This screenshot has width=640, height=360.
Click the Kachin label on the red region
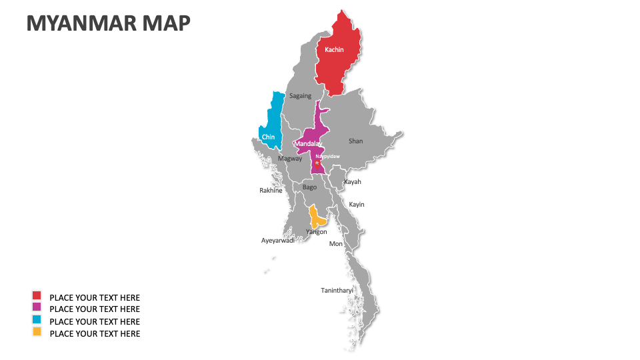[x=334, y=50]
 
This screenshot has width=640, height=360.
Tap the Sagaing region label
[x=300, y=96]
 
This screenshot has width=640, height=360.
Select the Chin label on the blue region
[x=268, y=137]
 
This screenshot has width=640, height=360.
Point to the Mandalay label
[x=308, y=144]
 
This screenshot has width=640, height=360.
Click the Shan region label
[x=355, y=141]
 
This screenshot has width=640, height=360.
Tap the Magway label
[x=290, y=159]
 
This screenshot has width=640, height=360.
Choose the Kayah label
[x=352, y=181]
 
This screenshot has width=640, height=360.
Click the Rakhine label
[x=271, y=191]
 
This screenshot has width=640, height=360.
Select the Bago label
[x=310, y=187]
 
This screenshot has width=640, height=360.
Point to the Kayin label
[x=357, y=205]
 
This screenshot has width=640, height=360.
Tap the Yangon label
[x=316, y=232]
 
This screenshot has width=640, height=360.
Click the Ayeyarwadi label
[x=278, y=241]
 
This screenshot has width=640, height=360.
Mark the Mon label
[x=336, y=244]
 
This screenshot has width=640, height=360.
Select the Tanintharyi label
[x=337, y=290]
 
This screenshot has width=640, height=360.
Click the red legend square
[x=37, y=295]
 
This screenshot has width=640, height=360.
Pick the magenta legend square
[x=37, y=307]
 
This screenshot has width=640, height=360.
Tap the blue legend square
[x=37, y=319]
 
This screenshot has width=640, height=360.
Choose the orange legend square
[x=37, y=331]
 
